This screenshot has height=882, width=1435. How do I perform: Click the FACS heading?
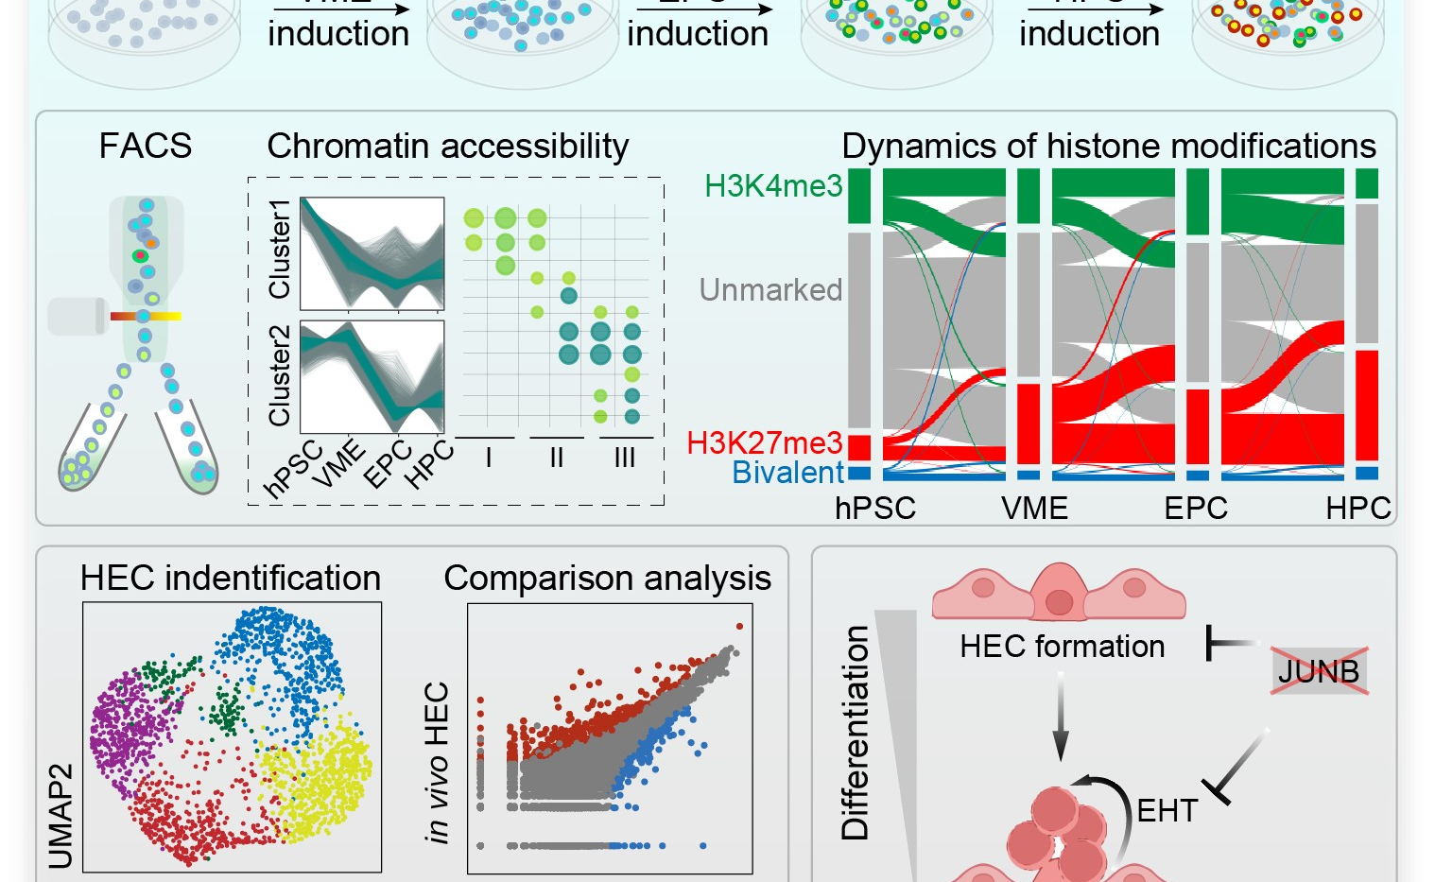[x=146, y=146]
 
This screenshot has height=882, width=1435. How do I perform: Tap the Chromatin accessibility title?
[x=448, y=147]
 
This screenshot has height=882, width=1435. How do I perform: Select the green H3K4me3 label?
[x=773, y=186]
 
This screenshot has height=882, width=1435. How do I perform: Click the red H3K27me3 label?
[x=764, y=442]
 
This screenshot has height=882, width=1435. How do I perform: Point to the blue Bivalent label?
[x=787, y=472]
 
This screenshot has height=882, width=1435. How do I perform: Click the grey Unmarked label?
[x=770, y=289]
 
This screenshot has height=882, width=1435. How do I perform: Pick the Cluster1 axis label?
[x=279, y=250]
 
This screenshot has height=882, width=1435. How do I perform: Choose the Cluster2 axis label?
[x=279, y=375]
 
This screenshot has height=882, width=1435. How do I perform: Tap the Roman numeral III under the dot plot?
[x=625, y=458]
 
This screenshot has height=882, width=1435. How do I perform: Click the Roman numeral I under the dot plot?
[x=488, y=458]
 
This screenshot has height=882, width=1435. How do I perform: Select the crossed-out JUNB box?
[x=1318, y=671]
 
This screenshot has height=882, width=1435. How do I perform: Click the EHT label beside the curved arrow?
[x=1167, y=811]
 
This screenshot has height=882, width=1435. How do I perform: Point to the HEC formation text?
[x=1062, y=647]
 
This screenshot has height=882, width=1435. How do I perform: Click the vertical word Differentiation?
[x=856, y=733]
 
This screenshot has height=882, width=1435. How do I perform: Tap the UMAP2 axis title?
[x=61, y=815]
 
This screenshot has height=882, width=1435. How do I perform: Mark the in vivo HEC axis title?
[x=436, y=762]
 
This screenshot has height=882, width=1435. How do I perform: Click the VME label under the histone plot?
[x=1034, y=509]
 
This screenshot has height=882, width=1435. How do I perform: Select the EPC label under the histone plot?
[x=1195, y=509]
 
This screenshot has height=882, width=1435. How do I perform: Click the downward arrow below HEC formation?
[x=1060, y=718]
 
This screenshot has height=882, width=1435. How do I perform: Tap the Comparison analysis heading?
[x=607, y=579]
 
